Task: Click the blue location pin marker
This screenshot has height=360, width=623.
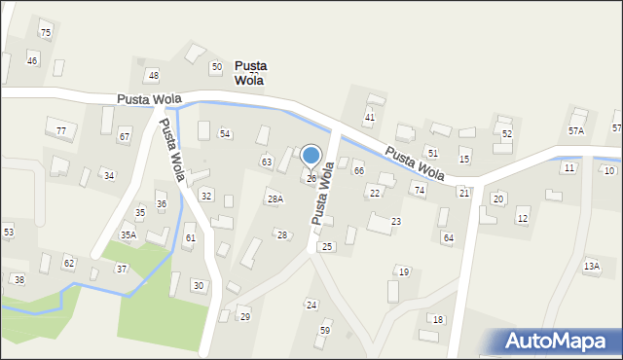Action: [x=311, y=157]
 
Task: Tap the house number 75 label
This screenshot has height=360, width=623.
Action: [x=45, y=33]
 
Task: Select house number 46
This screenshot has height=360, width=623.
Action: [x=32, y=61]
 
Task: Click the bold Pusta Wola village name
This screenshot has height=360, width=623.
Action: [x=251, y=73]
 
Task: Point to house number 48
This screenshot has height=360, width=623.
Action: [x=153, y=76]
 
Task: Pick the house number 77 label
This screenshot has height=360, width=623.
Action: [x=61, y=131]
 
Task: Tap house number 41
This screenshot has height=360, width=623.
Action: [x=369, y=118]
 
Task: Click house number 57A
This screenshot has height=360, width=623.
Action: [x=576, y=130]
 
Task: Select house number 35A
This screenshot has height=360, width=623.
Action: [x=128, y=235]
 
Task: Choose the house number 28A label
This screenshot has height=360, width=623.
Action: [x=275, y=199]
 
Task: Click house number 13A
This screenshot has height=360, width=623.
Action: [x=591, y=266]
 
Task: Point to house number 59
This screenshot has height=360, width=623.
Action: [x=325, y=331]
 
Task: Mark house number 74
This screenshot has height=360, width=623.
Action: [x=420, y=191]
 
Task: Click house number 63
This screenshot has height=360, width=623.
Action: [x=266, y=162]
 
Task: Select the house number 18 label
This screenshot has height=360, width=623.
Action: [x=438, y=320]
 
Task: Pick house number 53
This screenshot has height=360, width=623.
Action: [x=9, y=233]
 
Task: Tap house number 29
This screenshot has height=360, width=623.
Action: [x=245, y=317]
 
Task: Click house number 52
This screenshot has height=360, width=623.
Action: [x=507, y=133]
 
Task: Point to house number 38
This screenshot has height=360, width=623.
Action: [x=18, y=279]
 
